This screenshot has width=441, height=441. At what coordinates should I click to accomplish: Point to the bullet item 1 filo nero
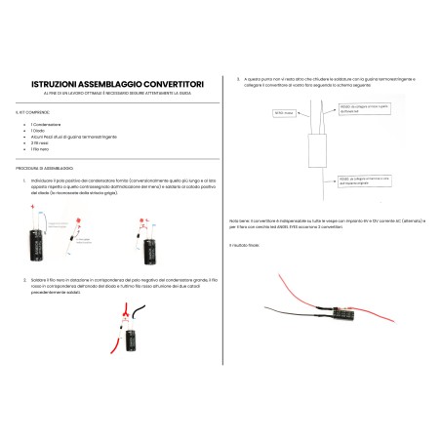[46, 149]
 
